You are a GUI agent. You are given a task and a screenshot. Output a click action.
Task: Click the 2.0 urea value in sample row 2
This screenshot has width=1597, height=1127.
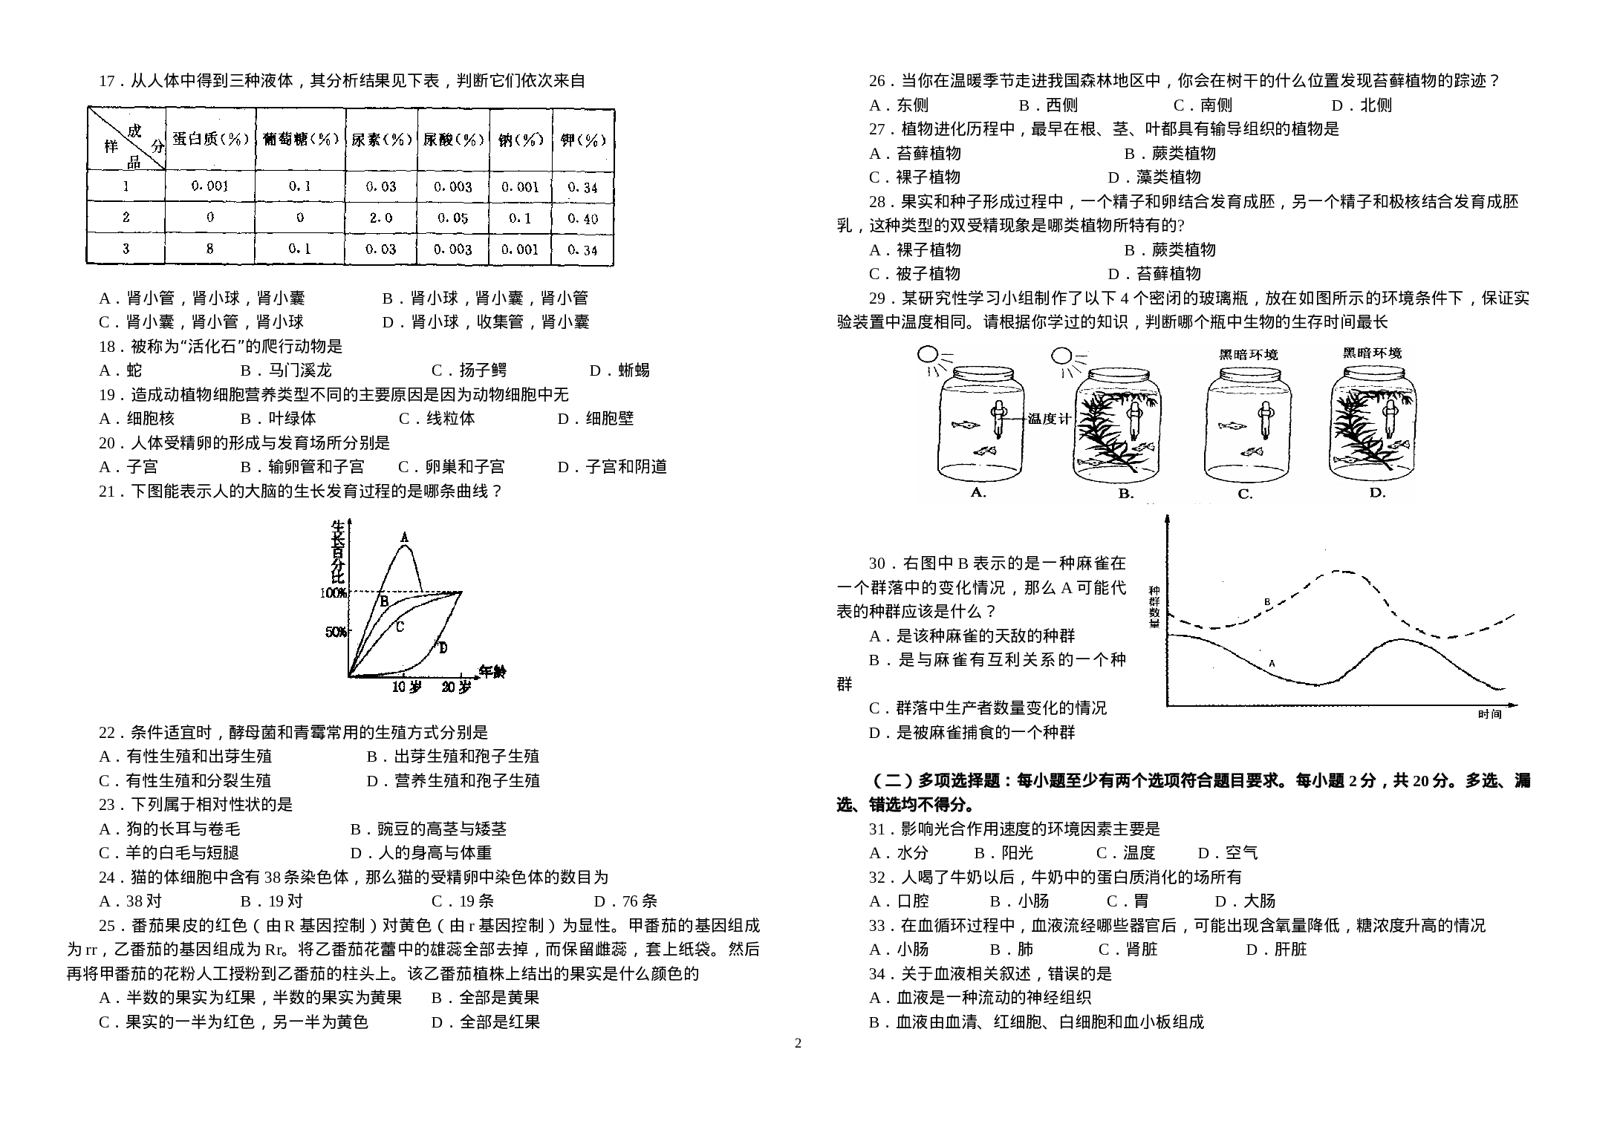(380, 218)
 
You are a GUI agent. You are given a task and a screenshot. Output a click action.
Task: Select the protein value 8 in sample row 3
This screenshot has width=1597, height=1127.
(209, 249)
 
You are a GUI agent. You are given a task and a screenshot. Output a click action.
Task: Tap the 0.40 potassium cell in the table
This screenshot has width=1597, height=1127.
(582, 218)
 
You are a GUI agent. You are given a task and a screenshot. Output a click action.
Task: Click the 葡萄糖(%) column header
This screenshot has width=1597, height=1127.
(300, 139)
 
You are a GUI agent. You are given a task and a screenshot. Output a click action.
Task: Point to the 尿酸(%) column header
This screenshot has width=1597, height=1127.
(453, 139)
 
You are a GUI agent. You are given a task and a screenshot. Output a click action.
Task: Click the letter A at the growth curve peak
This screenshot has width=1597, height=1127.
(404, 537)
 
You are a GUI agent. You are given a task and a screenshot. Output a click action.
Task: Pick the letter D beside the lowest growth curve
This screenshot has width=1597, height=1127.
(443, 648)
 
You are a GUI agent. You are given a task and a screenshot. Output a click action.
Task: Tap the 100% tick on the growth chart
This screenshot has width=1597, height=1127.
(334, 592)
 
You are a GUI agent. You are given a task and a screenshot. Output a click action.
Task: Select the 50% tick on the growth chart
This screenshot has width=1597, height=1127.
(336, 632)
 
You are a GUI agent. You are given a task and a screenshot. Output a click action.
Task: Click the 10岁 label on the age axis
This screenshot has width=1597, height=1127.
(406, 687)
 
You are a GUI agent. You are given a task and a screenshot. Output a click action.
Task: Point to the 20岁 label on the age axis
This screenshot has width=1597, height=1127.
(456, 687)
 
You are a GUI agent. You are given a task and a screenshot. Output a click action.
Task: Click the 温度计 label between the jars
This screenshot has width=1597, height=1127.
(1049, 418)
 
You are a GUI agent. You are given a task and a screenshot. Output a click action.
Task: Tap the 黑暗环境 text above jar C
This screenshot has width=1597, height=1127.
(1249, 355)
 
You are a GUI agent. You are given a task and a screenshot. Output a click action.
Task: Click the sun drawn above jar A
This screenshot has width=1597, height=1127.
(928, 355)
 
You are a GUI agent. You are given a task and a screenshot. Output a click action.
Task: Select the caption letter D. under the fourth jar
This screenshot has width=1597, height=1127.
(1377, 492)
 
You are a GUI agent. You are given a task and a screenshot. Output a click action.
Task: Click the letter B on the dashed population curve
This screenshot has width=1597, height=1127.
(1267, 602)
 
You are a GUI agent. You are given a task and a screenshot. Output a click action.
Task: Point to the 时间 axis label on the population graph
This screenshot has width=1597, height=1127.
(1490, 714)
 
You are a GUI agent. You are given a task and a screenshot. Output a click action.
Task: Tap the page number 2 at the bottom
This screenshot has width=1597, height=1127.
(798, 1043)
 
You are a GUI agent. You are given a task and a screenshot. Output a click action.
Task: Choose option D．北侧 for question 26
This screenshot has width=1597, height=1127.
(1362, 105)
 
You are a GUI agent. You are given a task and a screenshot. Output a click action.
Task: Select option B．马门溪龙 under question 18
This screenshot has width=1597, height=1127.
(286, 370)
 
